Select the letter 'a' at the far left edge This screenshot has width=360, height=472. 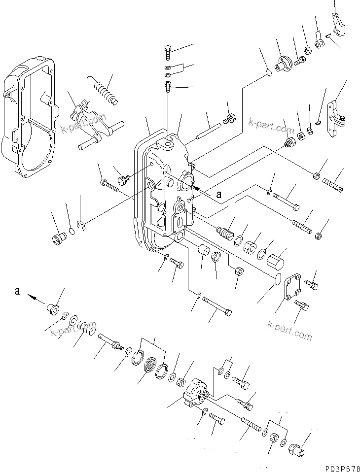tap(17, 291)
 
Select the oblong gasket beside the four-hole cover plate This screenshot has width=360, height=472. tap(278, 279)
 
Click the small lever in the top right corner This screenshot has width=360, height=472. tap(339, 25)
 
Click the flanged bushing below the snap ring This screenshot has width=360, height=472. tap(59, 239)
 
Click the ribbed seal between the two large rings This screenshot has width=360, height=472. tap(149, 367)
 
